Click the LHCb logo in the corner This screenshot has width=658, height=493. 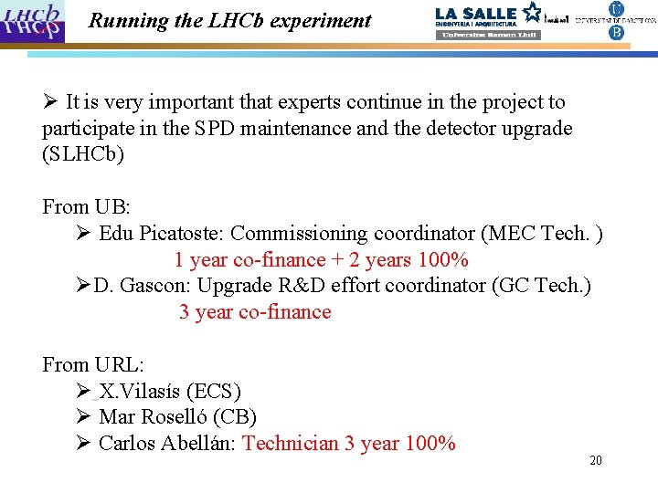point(34,21)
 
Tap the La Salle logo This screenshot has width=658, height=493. point(488,21)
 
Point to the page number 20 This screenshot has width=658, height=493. point(596,461)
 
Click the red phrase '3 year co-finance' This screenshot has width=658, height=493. point(255,312)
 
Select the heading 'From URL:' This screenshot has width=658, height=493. point(93,365)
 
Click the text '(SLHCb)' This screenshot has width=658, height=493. point(83,154)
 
